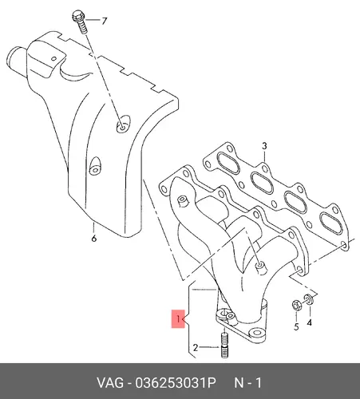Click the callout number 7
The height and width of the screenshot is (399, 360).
pos(104,21)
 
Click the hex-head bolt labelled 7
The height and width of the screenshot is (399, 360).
pos(79,22)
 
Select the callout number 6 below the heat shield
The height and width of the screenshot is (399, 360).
pos(94,239)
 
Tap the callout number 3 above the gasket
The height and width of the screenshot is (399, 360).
pos(264,146)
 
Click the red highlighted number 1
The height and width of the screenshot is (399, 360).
pos(178,318)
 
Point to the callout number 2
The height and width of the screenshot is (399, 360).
pos(196,347)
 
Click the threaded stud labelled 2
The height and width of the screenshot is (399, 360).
pos(224,346)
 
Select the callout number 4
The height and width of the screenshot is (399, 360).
pos(309,322)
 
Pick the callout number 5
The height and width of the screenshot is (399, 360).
pos(296,326)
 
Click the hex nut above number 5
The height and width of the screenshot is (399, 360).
pos(297,306)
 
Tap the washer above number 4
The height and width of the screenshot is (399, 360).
pos(309,299)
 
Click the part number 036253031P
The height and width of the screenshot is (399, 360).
pos(176,383)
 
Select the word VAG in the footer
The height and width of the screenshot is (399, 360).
pos(110,383)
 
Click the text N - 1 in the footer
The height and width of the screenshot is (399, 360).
pos(247,383)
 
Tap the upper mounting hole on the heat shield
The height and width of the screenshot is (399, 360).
pos(123,124)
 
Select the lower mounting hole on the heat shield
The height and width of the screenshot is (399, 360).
pos(95,166)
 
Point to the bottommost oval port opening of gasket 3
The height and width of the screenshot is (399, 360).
pos(331,223)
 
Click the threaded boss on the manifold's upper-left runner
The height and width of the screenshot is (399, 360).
pos(183,202)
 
